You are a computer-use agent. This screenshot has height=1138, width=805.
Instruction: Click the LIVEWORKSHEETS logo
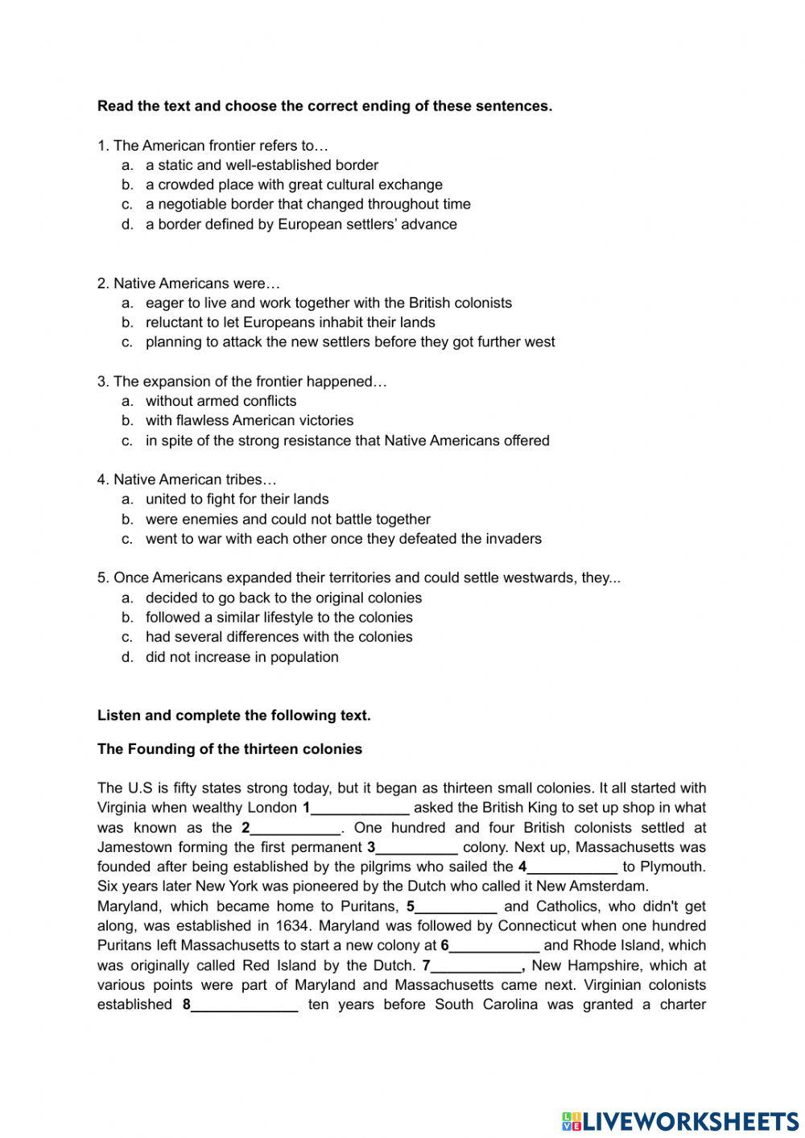(679, 1120)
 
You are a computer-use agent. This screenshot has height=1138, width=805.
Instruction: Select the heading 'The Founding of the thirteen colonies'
(229, 749)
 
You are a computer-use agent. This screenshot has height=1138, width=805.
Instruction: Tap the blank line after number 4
(572, 867)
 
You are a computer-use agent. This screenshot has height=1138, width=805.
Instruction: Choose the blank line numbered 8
(245, 1005)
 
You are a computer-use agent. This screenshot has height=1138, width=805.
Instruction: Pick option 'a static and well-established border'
(262, 165)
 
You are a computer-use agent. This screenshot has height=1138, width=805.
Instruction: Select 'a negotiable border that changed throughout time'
(308, 205)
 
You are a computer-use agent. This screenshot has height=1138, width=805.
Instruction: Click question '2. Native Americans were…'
(188, 283)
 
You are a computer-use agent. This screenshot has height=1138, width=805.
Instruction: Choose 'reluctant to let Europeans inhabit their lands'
(290, 322)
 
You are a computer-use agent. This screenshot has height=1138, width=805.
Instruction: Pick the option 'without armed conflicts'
(221, 401)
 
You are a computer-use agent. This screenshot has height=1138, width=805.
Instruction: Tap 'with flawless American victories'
(250, 420)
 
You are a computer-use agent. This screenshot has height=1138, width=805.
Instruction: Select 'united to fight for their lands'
(237, 499)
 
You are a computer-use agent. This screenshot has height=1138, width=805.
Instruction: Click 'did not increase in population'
(242, 657)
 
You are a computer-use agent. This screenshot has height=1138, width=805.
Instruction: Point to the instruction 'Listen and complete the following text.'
(233, 715)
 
